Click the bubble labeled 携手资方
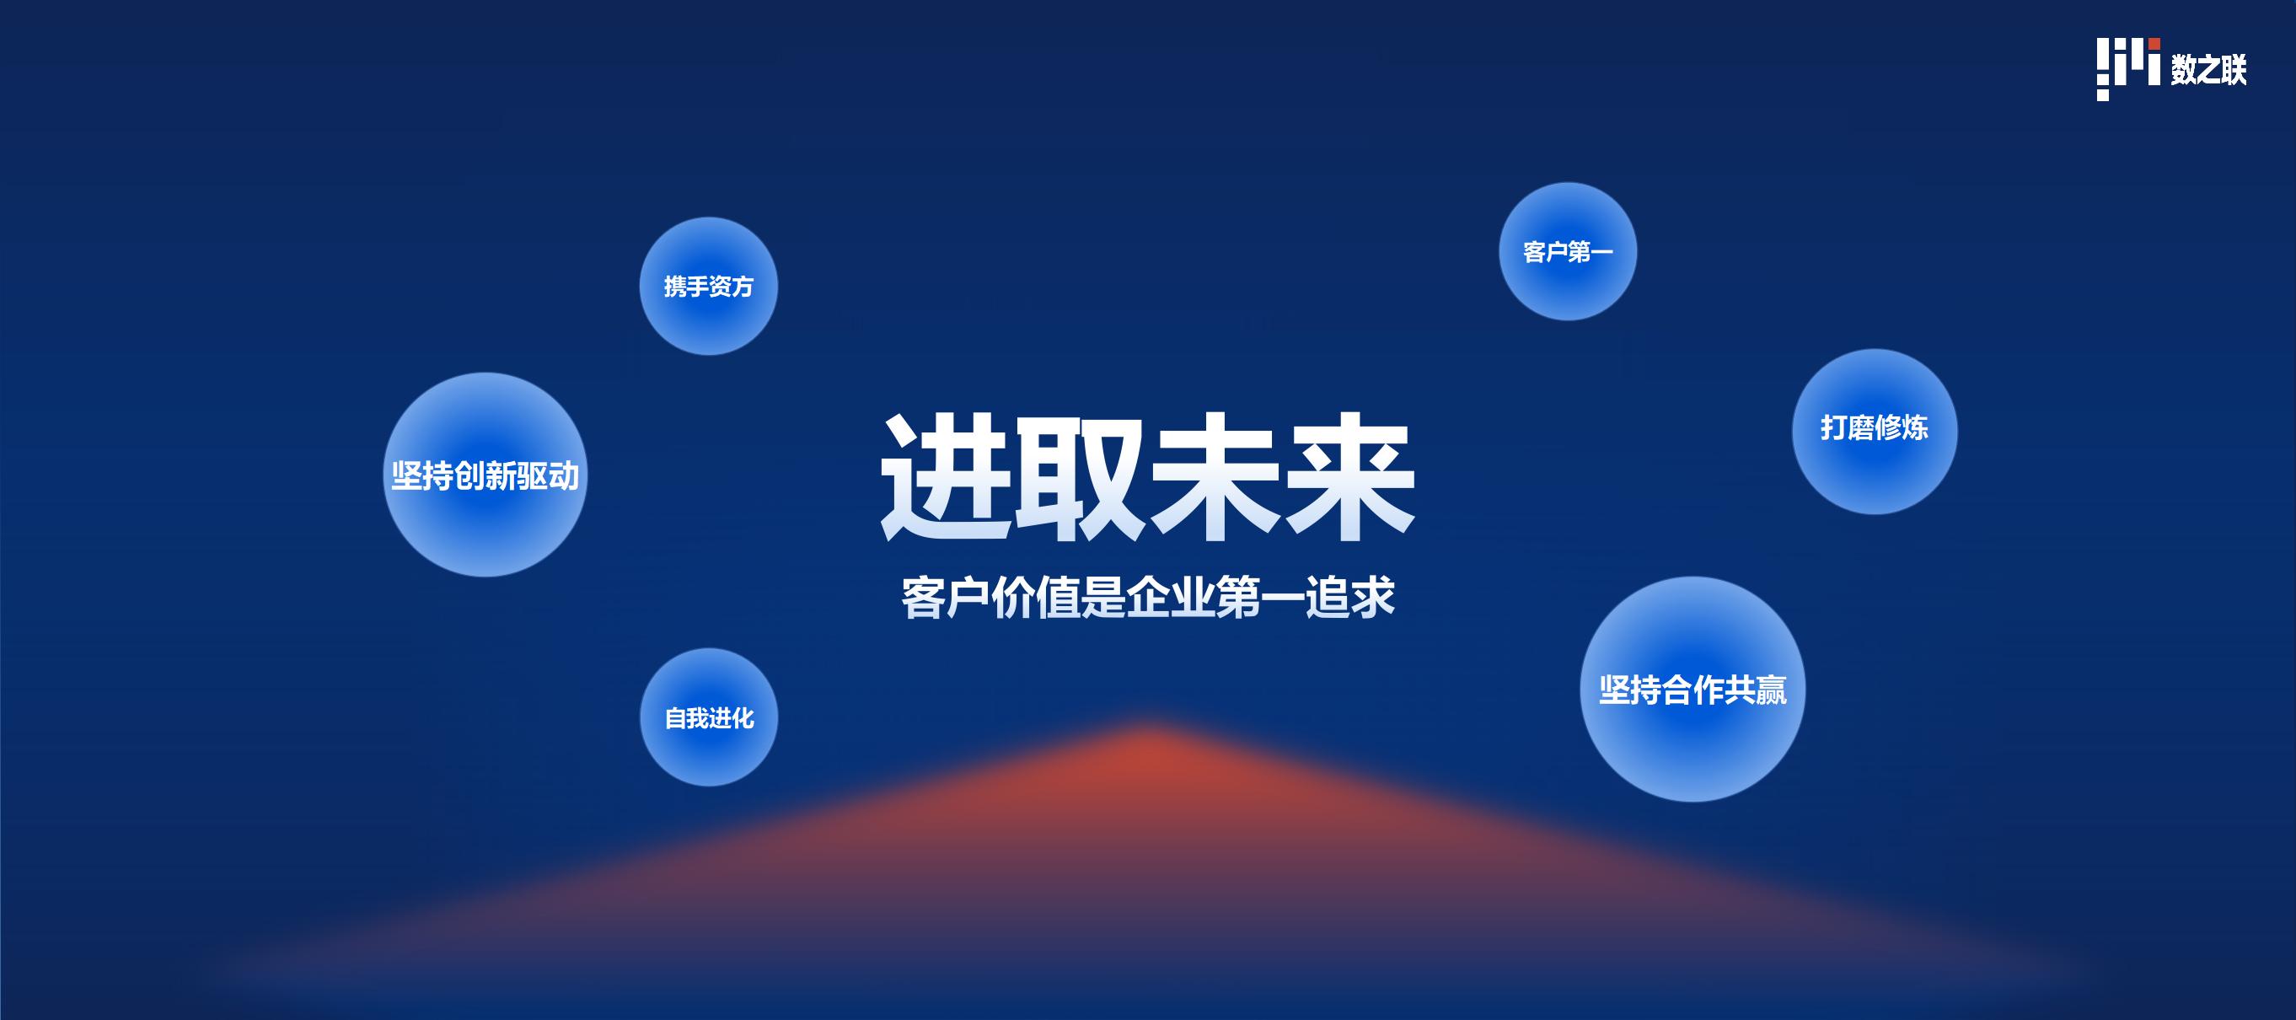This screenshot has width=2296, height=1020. [x=709, y=287]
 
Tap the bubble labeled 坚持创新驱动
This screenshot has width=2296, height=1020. [x=485, y=475]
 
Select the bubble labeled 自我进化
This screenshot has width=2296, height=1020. [x=709, y=717]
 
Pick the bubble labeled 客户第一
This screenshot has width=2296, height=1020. [x=1568, y=251]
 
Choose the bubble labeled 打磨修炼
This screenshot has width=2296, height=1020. [x=1875, y=432]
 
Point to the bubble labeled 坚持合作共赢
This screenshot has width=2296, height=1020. [x=1692, y=690]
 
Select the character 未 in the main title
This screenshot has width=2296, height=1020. [x=1214, y=477]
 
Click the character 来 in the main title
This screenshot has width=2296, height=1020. [x=1349, y=477]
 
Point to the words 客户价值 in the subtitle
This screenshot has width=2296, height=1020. [x=990, y=598]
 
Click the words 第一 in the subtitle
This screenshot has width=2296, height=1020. [x=1259, y=598]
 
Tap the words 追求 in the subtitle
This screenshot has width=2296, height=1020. [x=1349, y=598]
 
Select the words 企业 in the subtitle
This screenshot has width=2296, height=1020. [x=1170, y=598]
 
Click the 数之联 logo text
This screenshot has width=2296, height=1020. [x=2208, y=69]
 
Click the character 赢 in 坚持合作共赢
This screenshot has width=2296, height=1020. [x=1771, y=690]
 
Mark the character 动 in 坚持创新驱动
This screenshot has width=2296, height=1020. [x=563, y=475]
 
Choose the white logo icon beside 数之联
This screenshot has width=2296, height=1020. [x=2128, y=68]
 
